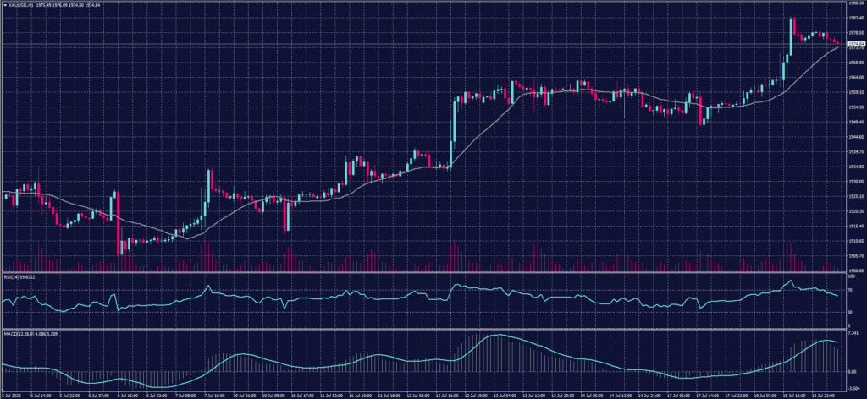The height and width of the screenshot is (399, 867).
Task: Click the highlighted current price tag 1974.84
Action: tap(856, 43)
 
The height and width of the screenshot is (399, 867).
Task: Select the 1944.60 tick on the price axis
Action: tap(856, 136)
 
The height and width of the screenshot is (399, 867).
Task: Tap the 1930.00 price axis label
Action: tap(856, 181)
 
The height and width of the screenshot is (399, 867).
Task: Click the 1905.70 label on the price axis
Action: tap(856, 255)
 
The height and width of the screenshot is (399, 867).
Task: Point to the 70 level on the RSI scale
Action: tap(851, 290)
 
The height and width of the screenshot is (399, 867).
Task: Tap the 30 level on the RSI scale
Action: tap(851, 311)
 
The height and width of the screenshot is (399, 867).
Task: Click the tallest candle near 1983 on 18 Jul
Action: tap(792, 36)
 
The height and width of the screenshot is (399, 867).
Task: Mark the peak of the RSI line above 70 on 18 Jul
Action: tap(792, 281)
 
